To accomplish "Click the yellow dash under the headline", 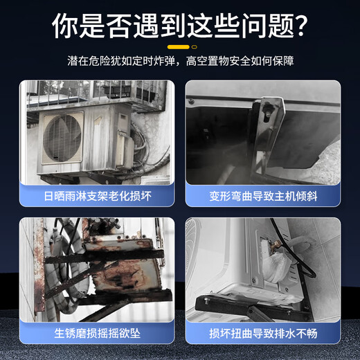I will pos(180,47).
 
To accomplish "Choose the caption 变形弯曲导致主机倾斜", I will pos(264,196).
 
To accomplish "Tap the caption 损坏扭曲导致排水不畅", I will pos(264,333).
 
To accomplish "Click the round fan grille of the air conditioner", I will pos(63,138).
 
